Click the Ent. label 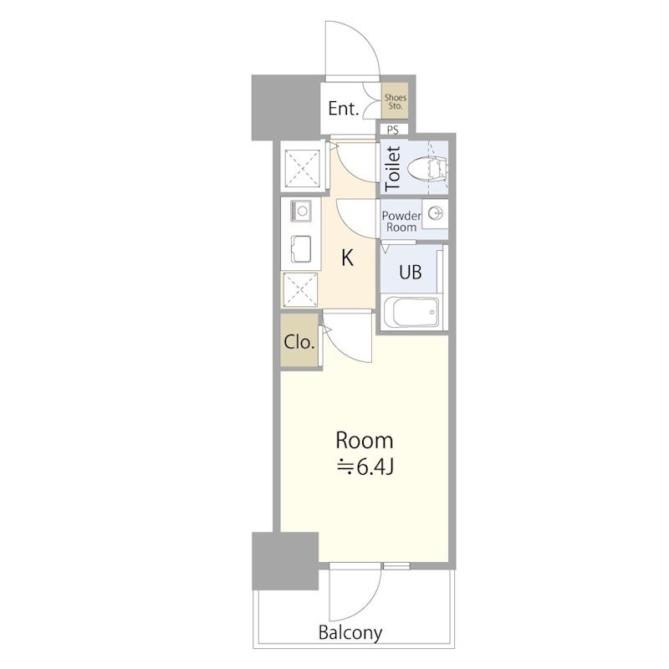(343, 109)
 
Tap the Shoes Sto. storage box (395, 102)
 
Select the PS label (392, 130)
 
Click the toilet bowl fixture (427, 168)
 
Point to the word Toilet (393, 168)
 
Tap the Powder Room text (401, 221)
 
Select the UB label (411, 272)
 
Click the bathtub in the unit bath (410, 312)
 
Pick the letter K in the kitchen (347, 258)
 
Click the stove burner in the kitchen (301, 211)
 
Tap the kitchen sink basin (301, 249)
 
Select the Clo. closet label (299, 342)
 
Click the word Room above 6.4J (365, 441)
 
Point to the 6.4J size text (365, 467)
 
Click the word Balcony (350, 633)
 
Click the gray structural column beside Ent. (286, 108)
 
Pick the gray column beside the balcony (285, 560)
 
